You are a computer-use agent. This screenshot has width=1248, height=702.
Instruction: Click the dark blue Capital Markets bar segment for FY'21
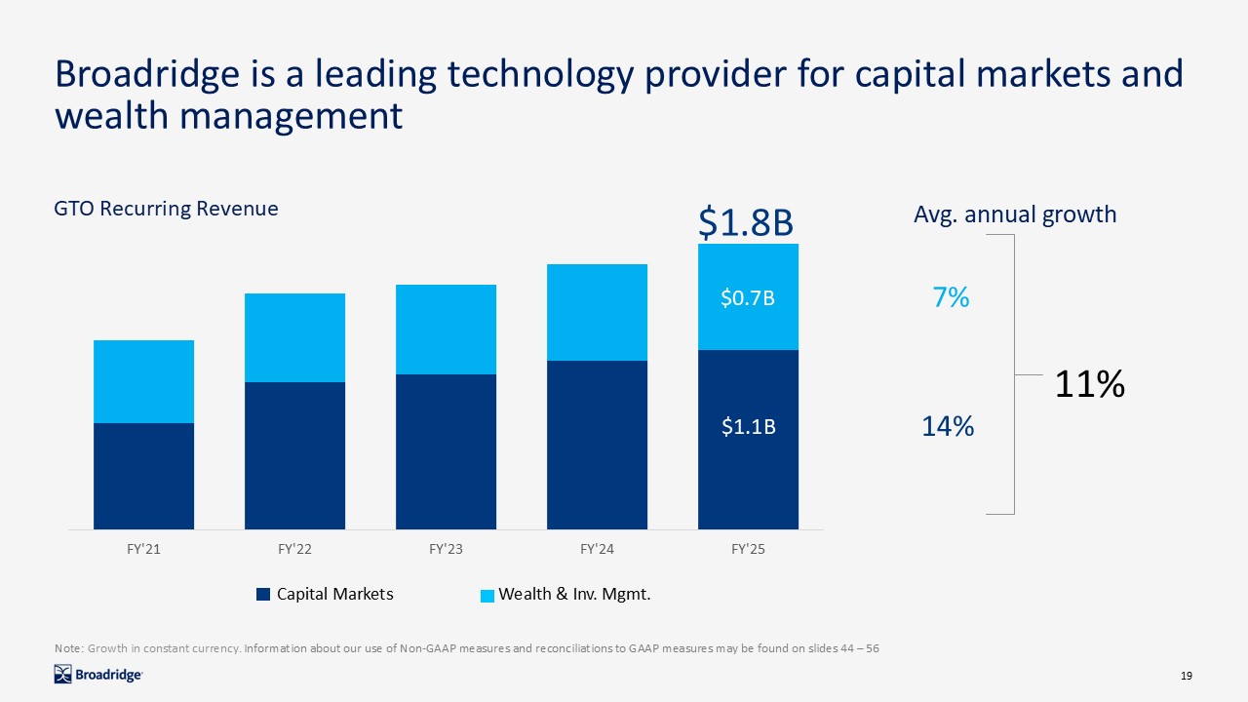pos(143,476)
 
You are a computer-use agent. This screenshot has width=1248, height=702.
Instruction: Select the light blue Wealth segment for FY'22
pos(294,337)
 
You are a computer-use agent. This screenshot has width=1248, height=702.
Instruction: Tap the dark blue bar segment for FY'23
pos(446,451)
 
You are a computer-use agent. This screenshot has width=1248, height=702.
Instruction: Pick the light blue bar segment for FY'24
pos(597,312)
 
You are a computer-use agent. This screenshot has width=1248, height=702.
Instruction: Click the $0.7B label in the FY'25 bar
pos(748,298)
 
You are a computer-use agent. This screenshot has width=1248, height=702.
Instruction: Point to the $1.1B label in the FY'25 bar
pos(748,426)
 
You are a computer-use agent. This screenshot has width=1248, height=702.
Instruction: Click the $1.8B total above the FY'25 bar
pos(747,223)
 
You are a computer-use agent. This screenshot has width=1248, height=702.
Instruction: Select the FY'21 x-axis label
pos(143,550)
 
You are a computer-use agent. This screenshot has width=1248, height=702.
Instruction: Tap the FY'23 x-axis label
pos(446,550)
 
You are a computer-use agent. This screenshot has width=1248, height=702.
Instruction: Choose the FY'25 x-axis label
pos(748,550)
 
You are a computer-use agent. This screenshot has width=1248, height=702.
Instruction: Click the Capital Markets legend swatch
pos(262,595)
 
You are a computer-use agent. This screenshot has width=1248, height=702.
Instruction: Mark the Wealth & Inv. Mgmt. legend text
pos(574,594)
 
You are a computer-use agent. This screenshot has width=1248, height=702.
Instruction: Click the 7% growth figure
pos(951,297)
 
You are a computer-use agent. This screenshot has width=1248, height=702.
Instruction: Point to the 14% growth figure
pos(949,426)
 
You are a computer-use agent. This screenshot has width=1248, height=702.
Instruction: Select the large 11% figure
pos(1090,384)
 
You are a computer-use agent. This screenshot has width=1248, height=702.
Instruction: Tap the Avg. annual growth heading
pos(1015,214)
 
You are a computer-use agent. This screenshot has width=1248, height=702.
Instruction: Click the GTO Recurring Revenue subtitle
pos(166,209)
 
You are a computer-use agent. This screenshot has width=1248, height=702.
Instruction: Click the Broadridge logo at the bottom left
pos(98,674)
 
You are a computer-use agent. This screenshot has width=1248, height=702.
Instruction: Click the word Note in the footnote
pos(68,647)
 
